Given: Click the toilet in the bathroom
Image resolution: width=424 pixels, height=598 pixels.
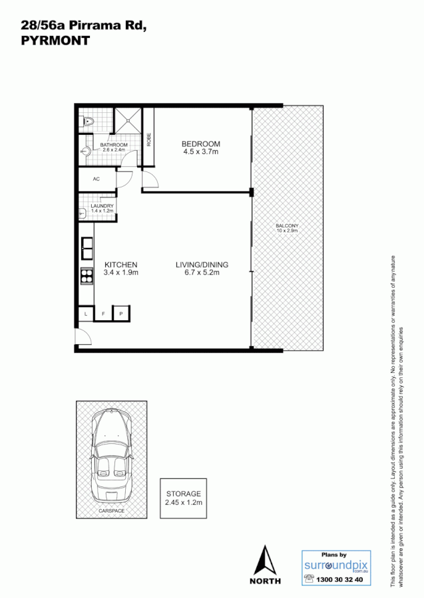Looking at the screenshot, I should [x=87, y=122].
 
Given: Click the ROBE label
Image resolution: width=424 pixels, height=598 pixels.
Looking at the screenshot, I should [x=149, y=140].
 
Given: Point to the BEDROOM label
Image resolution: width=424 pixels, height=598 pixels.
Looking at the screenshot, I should [x=200, y=144].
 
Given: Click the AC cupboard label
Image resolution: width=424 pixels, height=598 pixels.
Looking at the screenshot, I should [x=96, y=179].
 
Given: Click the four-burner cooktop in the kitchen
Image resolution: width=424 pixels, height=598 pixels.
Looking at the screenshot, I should [x=87, y=276].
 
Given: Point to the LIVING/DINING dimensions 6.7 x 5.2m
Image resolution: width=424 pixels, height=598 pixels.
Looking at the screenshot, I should [x=202, y=272].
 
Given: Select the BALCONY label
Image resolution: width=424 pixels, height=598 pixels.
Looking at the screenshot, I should [x=287, y=226].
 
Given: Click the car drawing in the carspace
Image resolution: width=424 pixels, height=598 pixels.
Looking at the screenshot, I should [x=111, y=458].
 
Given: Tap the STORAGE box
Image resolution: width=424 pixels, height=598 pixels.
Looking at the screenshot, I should [x=183, y=498].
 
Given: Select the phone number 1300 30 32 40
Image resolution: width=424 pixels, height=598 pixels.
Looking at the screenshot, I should [x=341, y=579].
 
